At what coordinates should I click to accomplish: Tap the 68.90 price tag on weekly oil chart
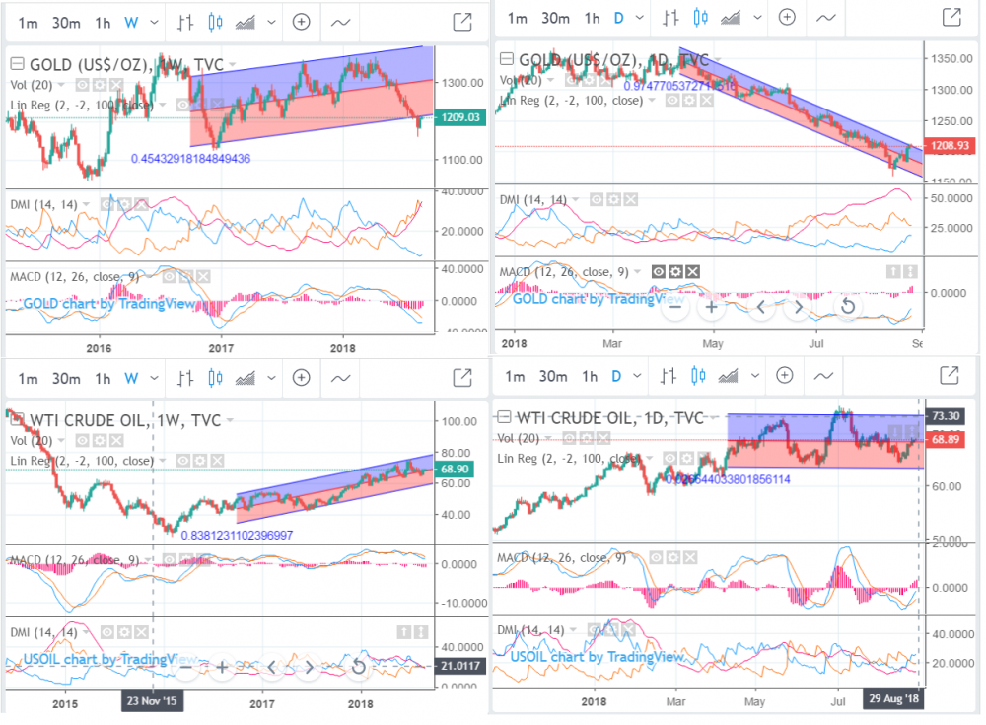pyautogui.click(x=458, y=470)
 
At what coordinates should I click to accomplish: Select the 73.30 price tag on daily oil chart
pyautogui.click(x=948, y=415)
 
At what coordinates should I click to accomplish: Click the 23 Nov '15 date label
pyautogui.click(x=152, y=701)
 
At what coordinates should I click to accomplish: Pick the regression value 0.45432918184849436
pyautogui.click(x=190, y=158)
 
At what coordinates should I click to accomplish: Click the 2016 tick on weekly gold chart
pyautogui.click(x=97, y=347)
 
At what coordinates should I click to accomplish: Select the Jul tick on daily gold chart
pyautogui.click(x=815, y=343)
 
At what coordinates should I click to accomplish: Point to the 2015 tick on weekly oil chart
pyautogui.click(x=65, y=702)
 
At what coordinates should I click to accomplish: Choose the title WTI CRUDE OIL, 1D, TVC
pyautogui.click(x=608, y=416)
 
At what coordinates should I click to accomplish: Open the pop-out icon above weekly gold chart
pyautogui.click(x=460, y=22)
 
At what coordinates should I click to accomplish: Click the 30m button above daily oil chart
pyautogui.click(x=554, y=375)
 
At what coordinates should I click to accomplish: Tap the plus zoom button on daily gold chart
pyautogui.click(x=711, y=307)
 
